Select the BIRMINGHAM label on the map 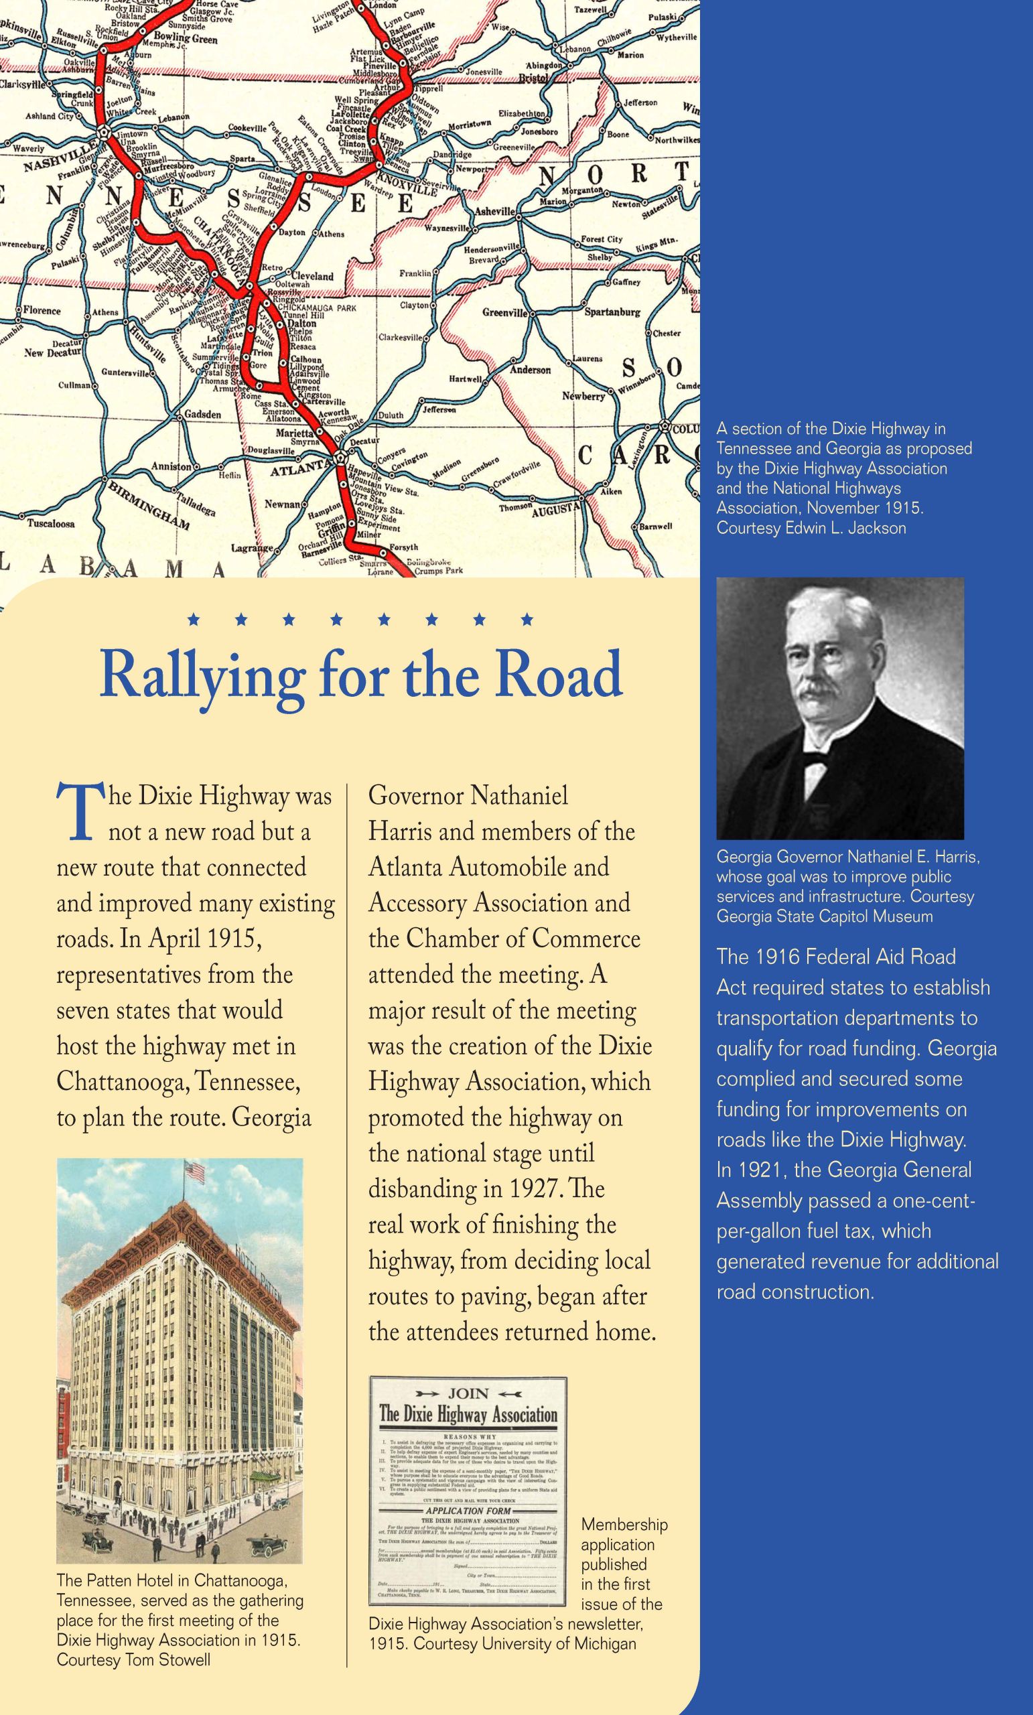coord(148,505)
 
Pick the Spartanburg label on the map coord(612,312)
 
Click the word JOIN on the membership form coord(468,1394)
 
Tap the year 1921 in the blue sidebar coord(752,1169)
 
